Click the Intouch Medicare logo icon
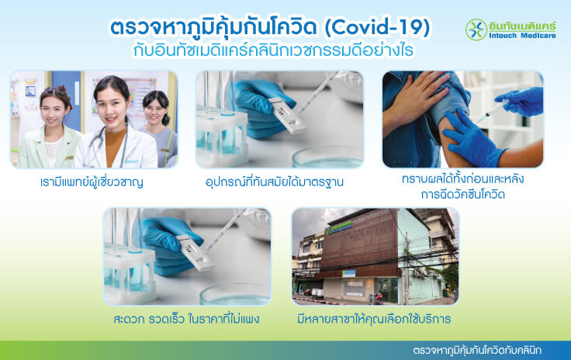[476, 29]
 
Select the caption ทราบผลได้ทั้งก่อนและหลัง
[462, 180]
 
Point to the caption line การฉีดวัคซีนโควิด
[462, 196]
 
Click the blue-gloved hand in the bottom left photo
[161, 237]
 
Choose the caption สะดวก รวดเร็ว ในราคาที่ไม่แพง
[185, 319]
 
